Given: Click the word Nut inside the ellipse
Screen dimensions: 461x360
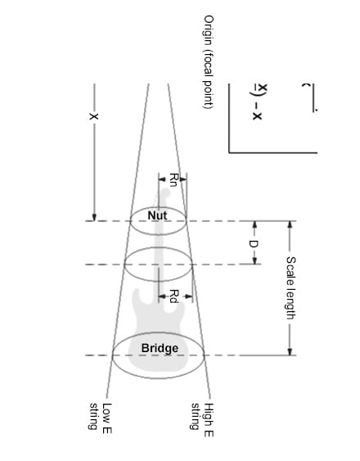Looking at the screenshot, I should [159, 215].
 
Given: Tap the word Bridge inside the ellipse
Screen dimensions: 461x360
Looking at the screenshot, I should [160, 349].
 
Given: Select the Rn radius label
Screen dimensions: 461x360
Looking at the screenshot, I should [173, 179].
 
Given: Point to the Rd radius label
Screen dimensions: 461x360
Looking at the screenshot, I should [173, 296].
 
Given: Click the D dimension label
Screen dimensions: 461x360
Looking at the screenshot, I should [254, 242].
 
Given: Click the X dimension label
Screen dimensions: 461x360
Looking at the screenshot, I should [94, 117].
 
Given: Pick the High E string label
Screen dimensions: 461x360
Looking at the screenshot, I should [203, 419].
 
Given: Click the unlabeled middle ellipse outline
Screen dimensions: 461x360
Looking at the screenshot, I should [125, 263].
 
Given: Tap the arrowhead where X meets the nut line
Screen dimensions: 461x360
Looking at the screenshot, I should [94, 216].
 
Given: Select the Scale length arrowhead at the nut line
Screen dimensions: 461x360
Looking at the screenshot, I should [290, 224].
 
